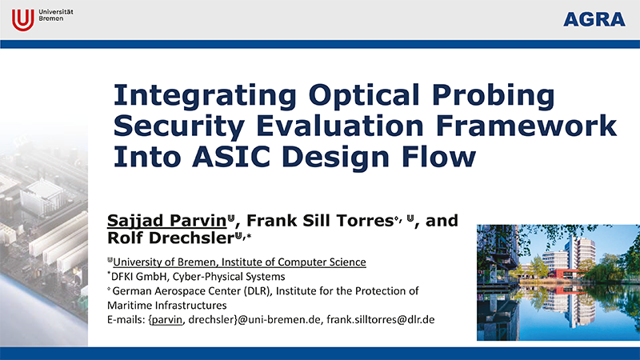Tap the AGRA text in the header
point(594,20)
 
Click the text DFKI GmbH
point(138,276)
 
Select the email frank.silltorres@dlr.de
point(379,320)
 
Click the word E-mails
point(126,320)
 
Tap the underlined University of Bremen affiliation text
point(239,262)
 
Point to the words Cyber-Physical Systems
point(229,276)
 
